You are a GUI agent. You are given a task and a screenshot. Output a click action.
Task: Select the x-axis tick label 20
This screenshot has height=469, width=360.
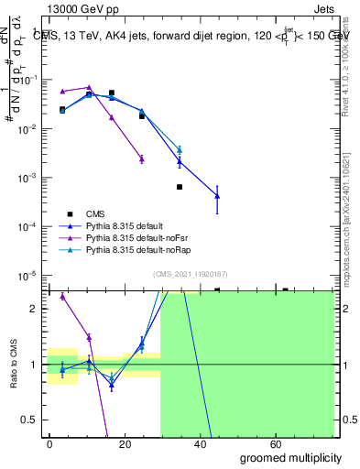141,443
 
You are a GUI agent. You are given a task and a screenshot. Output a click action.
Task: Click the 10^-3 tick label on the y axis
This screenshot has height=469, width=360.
29,177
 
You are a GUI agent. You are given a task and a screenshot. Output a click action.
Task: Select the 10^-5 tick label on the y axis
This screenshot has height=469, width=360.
29,275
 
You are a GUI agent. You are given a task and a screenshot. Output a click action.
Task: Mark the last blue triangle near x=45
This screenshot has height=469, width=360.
217,195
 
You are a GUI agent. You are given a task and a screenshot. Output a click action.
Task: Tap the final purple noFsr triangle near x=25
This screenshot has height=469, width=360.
142,158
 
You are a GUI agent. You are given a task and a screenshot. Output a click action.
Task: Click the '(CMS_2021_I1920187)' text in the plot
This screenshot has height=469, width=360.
191,273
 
